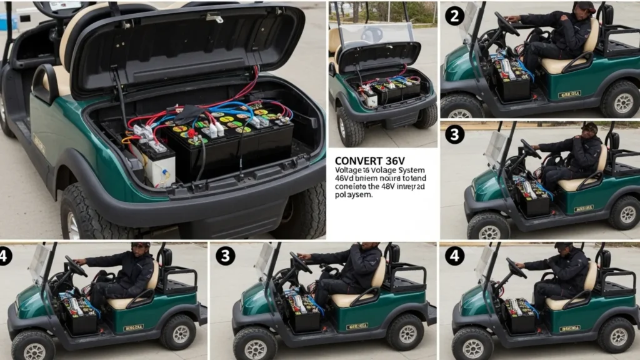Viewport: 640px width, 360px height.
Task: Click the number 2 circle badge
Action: pyautogui.click(x=454, y=16)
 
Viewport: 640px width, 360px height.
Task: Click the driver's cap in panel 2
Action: pyautogui.click(x=586, y=7)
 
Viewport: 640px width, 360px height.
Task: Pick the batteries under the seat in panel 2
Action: pyautogui.click(x=511, y=75)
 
